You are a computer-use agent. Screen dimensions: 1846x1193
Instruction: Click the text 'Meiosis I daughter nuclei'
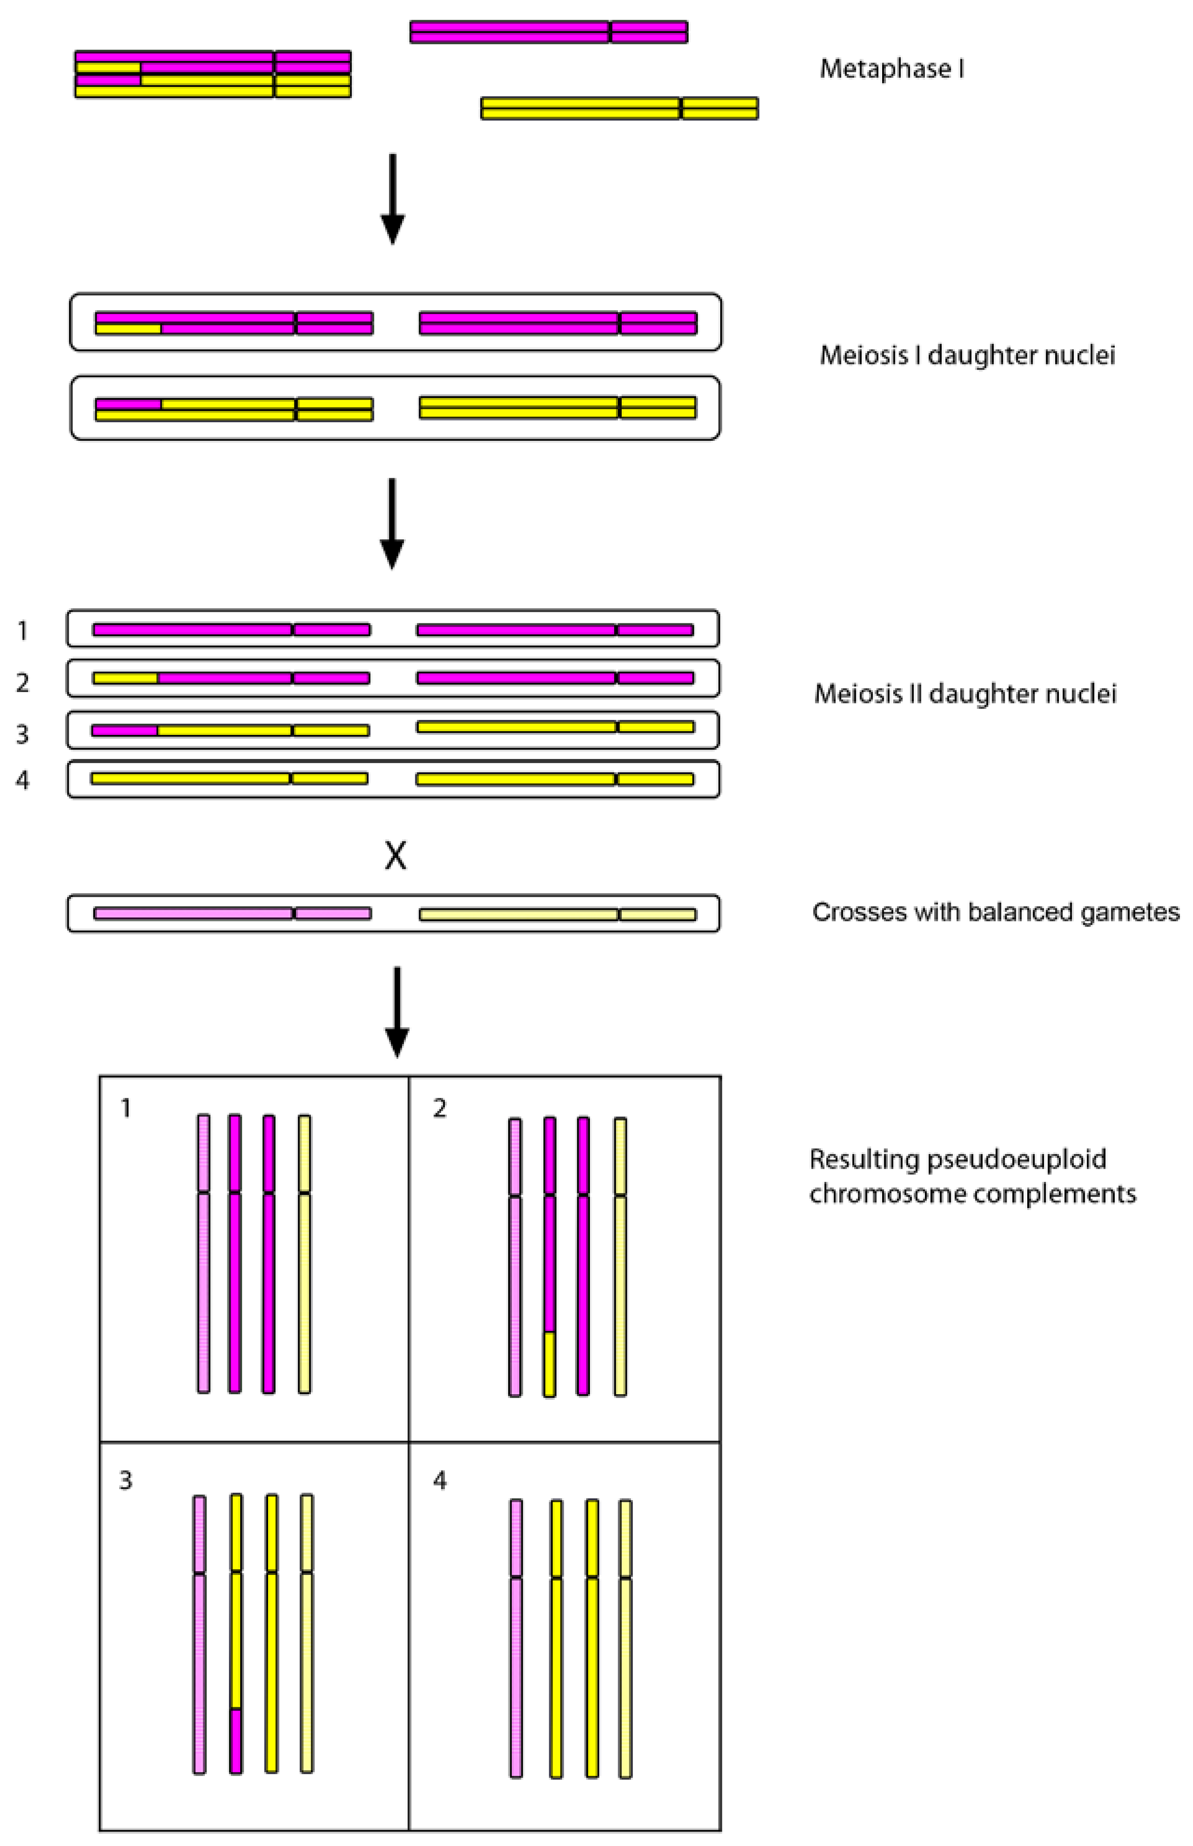(x=967, y=356)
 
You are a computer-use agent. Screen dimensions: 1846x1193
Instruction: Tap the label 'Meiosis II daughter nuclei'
(x=964, y=694)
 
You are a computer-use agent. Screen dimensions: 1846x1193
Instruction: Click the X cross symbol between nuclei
(x=395, y=856)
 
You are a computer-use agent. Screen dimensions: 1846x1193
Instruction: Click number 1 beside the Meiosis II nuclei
(x=23, y=632)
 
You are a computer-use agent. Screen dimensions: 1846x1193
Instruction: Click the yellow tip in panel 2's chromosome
(x=549, y=1364)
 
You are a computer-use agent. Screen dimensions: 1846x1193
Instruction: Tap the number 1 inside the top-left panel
(x=125, y=1109)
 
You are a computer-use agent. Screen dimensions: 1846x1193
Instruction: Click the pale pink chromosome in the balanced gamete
(x=233, y=913)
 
